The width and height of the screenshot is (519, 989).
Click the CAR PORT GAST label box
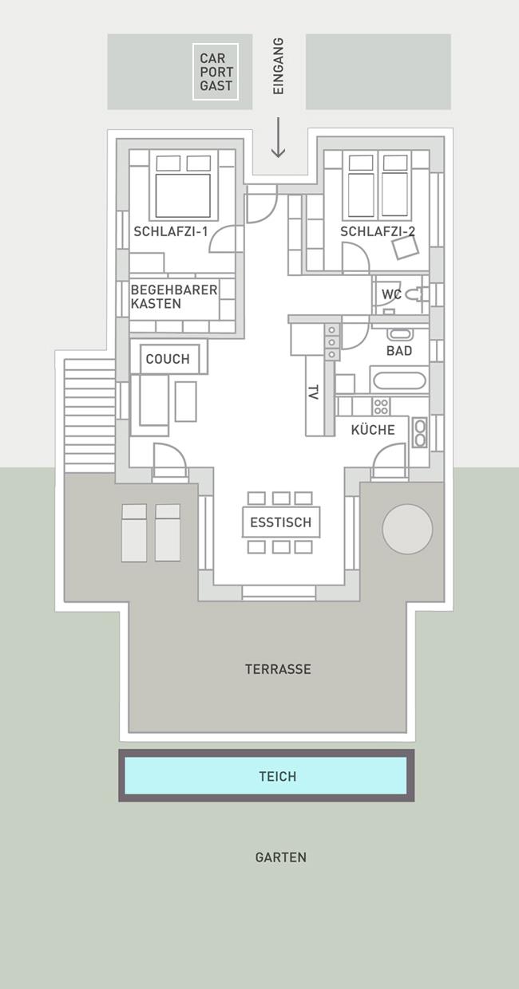[x=216, y=72]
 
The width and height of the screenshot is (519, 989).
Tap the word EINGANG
[x=278, y=65]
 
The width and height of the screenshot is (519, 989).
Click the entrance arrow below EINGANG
[x=278, y=137]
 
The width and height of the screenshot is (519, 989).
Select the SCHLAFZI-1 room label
[x=171, y=231]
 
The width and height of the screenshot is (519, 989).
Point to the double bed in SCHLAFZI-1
[x=184, y=185]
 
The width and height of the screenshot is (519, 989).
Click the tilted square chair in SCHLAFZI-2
[x=406, y=248]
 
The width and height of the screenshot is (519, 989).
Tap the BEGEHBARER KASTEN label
[x=174, y=297]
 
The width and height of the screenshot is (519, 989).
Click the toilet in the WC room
[x=416, y=294]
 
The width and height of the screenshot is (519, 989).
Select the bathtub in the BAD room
[x=400, y=380]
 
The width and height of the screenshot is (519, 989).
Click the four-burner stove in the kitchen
[x=381, y=406]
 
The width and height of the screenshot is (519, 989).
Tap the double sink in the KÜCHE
[x=419, y=432]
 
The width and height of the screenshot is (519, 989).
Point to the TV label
[x=313, y=392]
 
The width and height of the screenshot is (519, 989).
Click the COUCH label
[x=168, y=359]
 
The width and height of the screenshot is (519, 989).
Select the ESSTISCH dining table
[x=281, y=522]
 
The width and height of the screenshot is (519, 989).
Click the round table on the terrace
[x=407, y=529]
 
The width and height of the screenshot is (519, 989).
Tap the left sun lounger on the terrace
[x=134, y=533]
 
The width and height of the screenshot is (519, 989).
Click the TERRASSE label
[x=278, y=669]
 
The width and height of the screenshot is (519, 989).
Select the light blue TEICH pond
[x=266, y=776]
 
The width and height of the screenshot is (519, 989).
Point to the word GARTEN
[x=281, y=857]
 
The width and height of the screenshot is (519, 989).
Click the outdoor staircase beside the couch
[x=89, y=416]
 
